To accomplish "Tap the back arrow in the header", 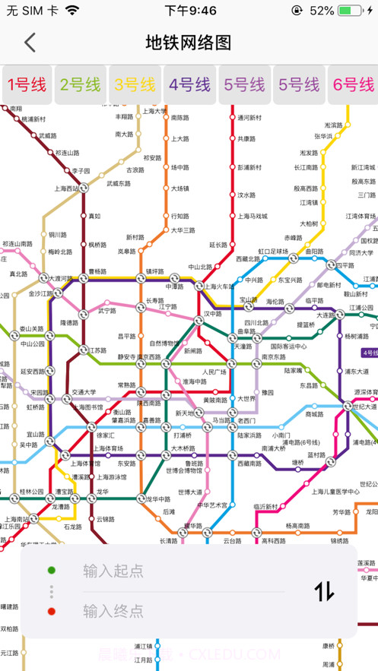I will pos(30,43).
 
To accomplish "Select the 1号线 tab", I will pos(27,84).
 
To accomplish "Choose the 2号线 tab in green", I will pos(81,84).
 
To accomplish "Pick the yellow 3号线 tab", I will pos(135,84).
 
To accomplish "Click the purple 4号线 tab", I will pos(189,84).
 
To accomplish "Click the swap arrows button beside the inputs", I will pos(324,590).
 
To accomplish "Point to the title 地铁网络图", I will pos(189,43).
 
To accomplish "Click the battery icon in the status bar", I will pos(351,11).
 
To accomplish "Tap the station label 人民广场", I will pos(214,372).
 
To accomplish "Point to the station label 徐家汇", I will pos(105,435).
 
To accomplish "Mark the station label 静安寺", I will pos(126,356).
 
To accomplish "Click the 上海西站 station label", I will pos(66,188).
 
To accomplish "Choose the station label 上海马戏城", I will pos(252,216).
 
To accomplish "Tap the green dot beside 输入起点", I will pos(51,571).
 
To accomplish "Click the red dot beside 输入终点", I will pos(51,611).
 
